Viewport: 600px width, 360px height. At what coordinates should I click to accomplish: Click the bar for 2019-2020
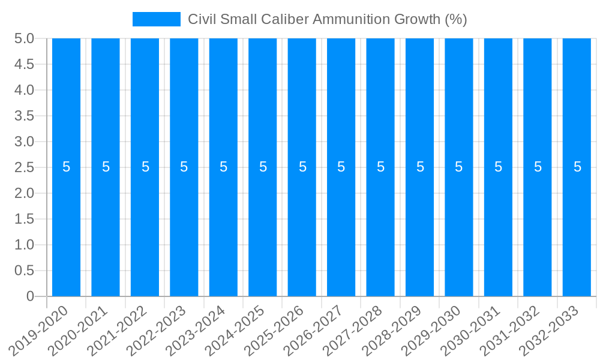tap(66, 228)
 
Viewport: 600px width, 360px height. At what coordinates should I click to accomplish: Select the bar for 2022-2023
tap(184, 228)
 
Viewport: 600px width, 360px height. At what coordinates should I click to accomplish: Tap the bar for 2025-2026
tap(302, 228)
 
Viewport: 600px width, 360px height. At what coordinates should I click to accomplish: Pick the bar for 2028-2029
tap(420, 228)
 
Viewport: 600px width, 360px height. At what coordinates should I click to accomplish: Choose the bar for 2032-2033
tap(577, 228)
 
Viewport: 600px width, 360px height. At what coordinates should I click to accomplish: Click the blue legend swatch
tap(156, 19)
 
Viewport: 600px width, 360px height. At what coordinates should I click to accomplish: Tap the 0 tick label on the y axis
tap(30, 296)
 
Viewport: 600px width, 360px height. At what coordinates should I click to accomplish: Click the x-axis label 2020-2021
tap(78, 330)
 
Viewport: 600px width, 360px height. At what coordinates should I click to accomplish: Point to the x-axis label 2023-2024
tap(196, 330)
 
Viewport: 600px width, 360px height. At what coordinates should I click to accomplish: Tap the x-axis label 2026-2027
tap(313, 330)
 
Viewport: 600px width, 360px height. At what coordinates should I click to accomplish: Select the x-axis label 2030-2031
tap(470, 330)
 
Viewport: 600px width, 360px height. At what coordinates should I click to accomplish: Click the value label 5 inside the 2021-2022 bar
tap(145, 167)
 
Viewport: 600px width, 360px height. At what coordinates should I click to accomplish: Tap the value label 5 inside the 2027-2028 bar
tap(380, 167)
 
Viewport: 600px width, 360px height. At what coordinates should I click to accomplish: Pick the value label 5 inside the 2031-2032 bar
tap(538, 167)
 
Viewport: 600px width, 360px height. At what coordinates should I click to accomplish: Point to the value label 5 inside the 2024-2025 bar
tap(263, 167)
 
